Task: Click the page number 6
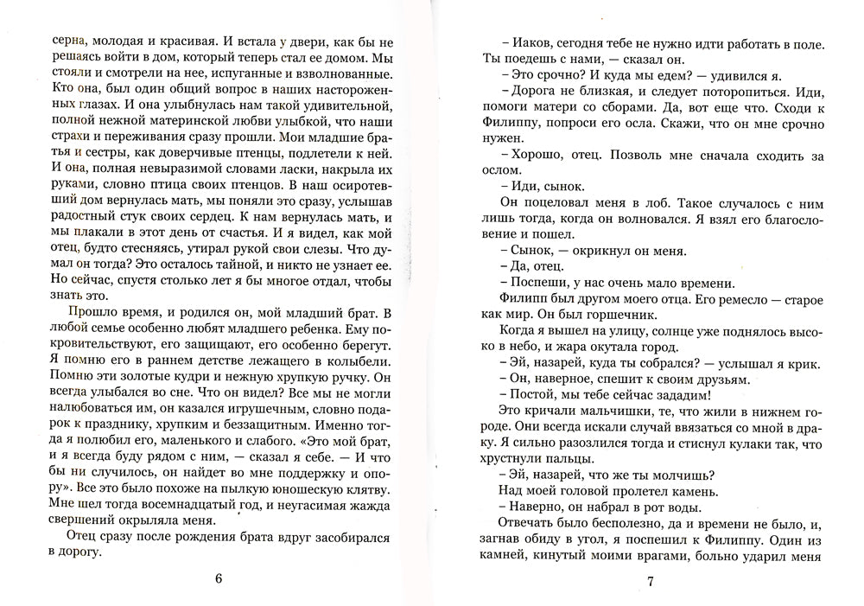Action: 219,579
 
